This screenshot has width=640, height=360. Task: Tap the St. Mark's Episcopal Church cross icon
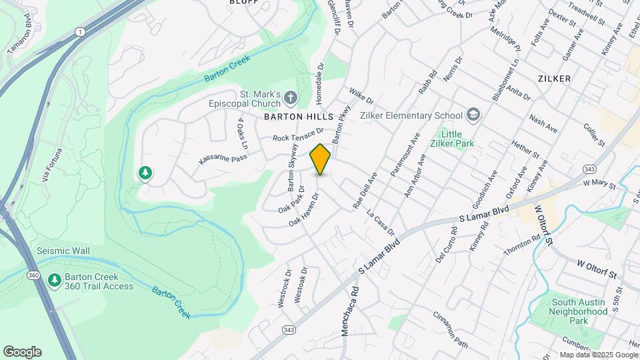pos(290,99)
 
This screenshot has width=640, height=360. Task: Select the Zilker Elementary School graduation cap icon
pos(473,115)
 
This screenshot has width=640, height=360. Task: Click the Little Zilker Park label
pos(475,139)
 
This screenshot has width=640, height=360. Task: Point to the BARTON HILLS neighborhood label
pos(298,116)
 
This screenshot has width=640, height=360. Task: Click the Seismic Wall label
pos(63,251)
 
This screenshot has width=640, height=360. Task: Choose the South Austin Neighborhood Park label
pos(579,311)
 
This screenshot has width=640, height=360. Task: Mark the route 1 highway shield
pos(80,31)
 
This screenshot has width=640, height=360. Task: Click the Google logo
pos(22,351)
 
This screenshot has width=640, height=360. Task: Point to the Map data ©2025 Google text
pos(598,355)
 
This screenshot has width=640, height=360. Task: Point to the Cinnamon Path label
pos(451,329)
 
